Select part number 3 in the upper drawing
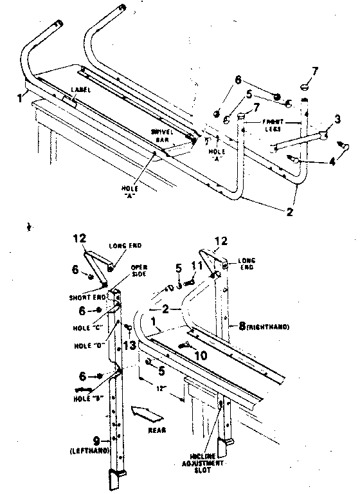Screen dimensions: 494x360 pyautogui.click(x=336, y=120)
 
